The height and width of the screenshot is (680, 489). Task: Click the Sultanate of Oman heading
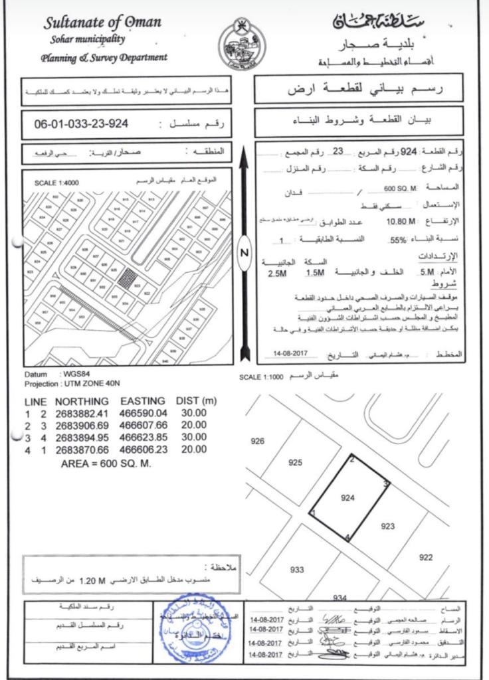tap(102, 23)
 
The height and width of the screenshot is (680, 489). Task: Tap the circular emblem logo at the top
tap(242, 44)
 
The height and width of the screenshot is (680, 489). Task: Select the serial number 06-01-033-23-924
tap(80, 124)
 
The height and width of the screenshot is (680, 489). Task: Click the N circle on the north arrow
tap(244, 252)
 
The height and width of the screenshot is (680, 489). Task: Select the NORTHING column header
tap(82, 401)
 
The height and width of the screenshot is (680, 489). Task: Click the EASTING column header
tap(142, 401)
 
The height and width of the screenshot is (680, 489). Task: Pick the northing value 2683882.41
tap(82, 413)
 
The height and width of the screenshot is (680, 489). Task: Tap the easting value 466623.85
tap(142, 438)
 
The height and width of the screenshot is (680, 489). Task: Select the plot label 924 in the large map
tap(348, 497)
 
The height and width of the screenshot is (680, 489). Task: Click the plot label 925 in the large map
tap(296, 462)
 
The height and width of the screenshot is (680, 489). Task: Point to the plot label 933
tap(297, 569)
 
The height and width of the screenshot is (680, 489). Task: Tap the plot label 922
tap(427, 557)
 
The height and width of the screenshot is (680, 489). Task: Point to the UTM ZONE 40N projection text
tap(92, 384)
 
